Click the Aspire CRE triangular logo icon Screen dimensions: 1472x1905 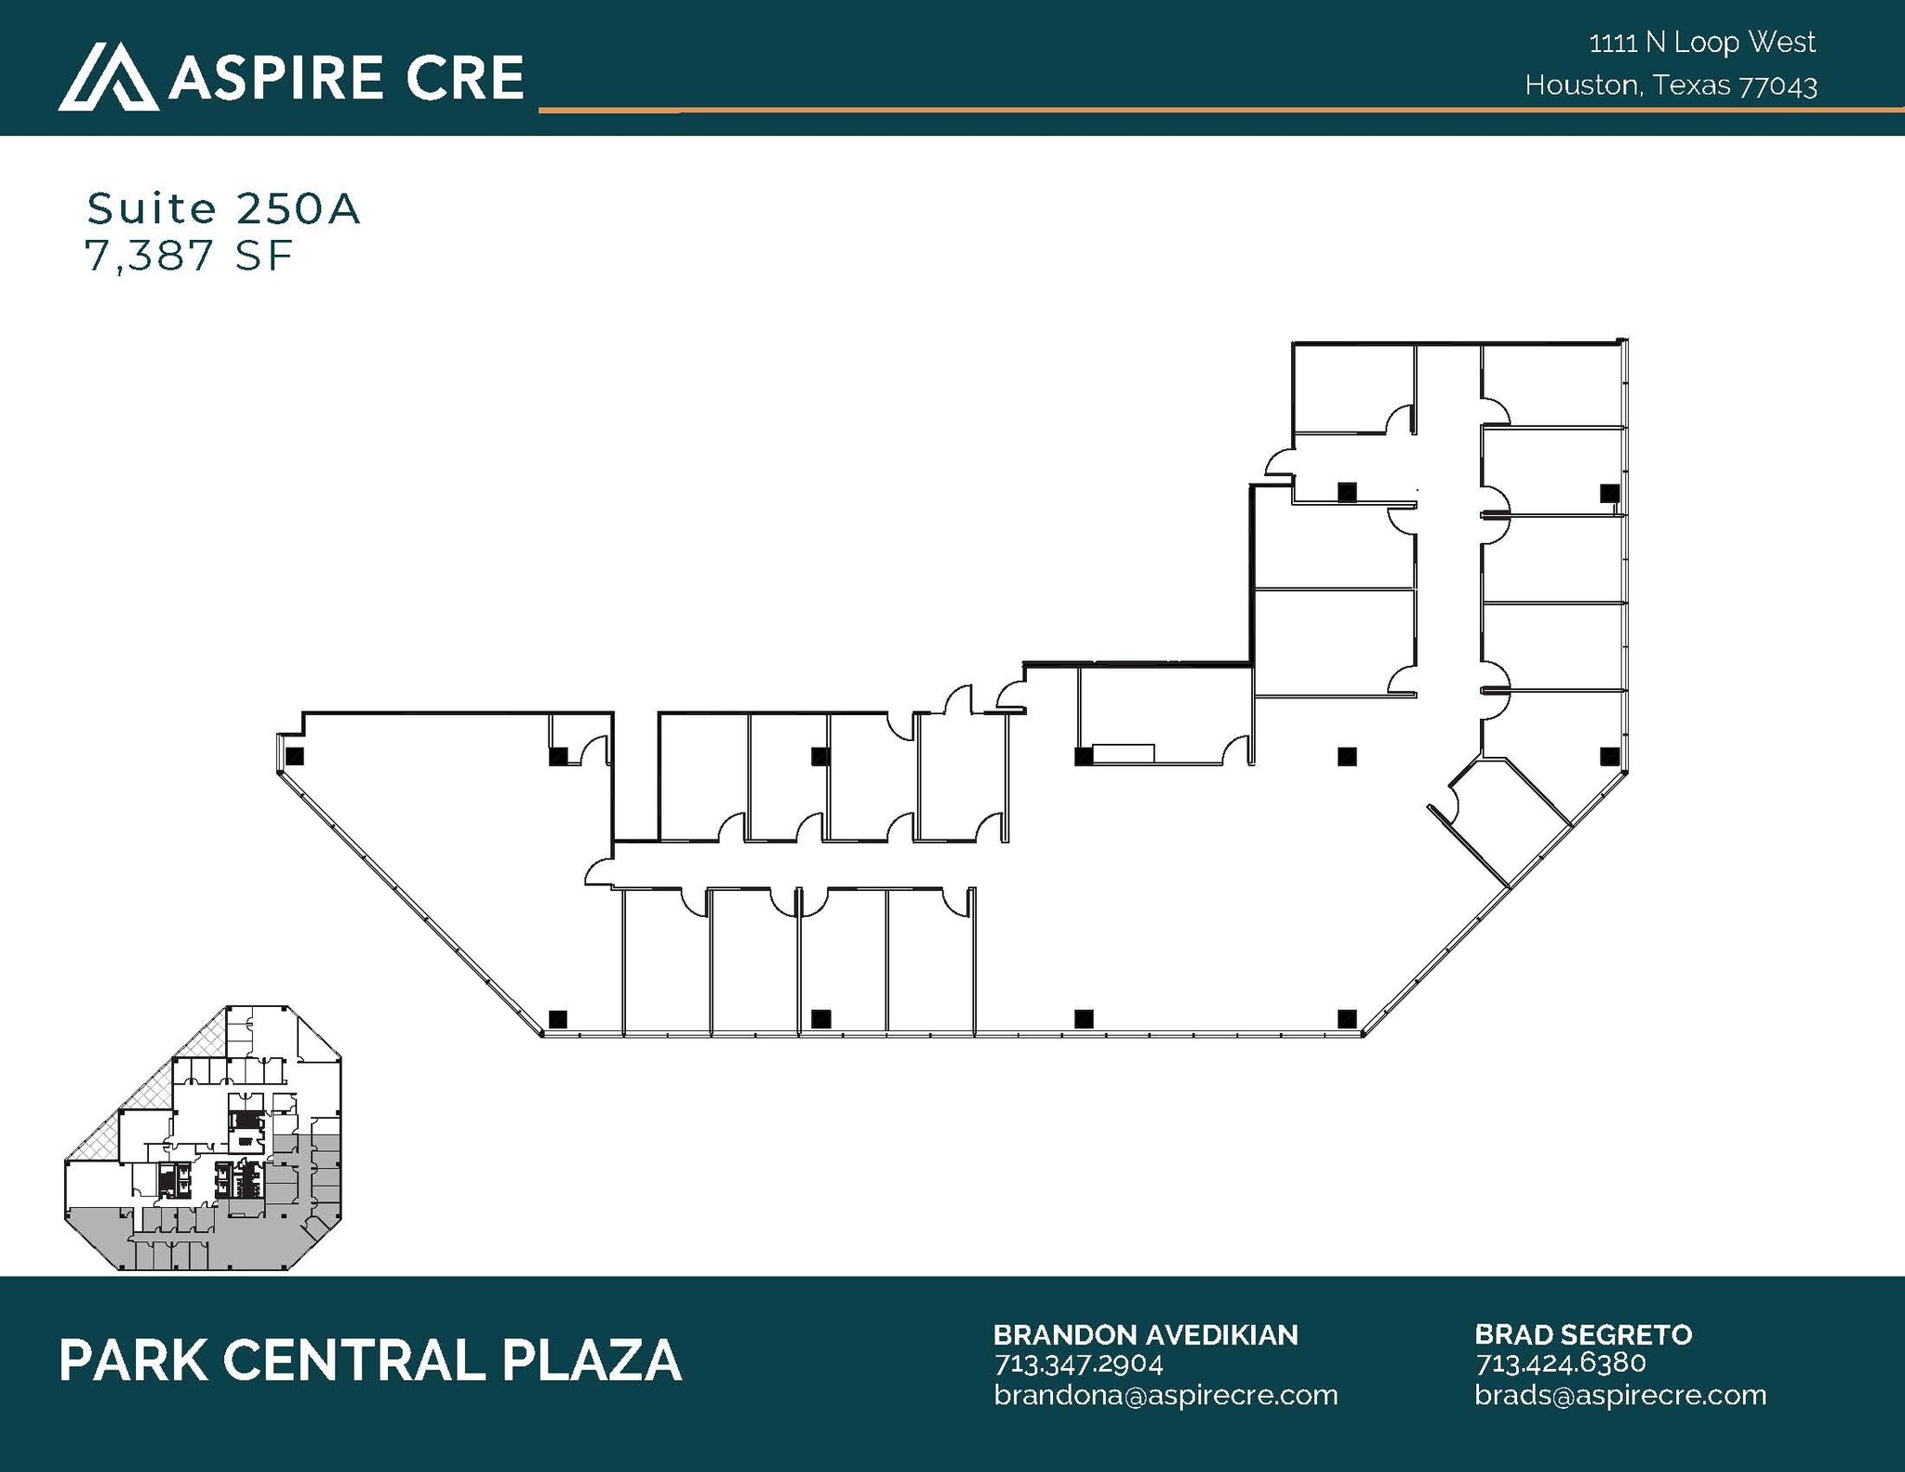pyautogui.click(x=107, y=78)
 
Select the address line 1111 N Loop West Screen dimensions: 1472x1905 pyautogui.click(x=1702, y=43)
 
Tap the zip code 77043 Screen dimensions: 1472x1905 pyautogui.click(x=1778, y=86)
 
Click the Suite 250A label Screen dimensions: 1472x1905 pyautogui.click(x=223, y=209)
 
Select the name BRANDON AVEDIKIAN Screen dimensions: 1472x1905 pyautogui.click(x=1145, y=1335)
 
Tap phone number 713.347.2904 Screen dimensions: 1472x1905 pyautogui.click(x=1078, y=1364)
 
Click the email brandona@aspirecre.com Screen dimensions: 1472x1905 pyautogui.click(x=1165, y=1395)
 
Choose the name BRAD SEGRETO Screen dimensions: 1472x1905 pyautogui.click(x=1582, y=1335)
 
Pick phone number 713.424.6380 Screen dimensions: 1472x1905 pyautogui.click(x=1560, y=1364)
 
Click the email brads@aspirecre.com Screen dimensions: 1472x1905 pyautogui.click(x=1619, y=1395)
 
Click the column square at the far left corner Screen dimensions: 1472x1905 pyautogui.click(x=295, y=757)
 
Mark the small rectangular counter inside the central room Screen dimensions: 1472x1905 pyautogui.click(x=1123, y=753)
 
